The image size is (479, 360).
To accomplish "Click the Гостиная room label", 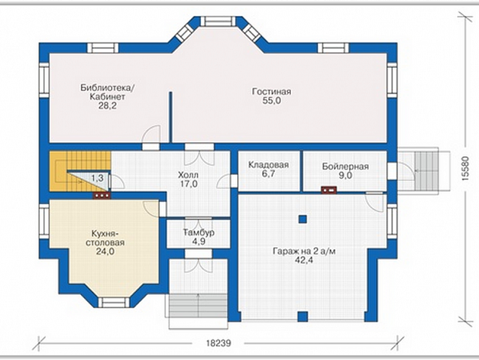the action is click(271, 92).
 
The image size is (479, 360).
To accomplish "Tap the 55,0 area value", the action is click(271, 101).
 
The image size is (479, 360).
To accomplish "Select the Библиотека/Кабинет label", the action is click(107, 92).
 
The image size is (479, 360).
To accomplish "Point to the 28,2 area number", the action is click(107, 106).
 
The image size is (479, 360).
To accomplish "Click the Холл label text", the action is click(188, 175).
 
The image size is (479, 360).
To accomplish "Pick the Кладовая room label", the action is click(268, 165).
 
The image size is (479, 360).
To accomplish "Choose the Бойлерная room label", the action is click(345, 166).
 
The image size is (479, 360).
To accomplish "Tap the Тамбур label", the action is click(199, 232).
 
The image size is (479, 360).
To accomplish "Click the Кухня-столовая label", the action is click(105, 238).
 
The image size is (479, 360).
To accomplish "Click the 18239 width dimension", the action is click(218, 343).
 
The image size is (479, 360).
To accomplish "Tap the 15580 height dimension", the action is click(465, 169).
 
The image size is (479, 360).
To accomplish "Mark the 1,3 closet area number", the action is click(97, 178).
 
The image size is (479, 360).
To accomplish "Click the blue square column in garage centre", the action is click(302, 219).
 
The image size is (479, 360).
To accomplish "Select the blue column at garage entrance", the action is click(302, 316).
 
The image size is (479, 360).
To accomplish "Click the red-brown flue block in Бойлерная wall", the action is click(329, 190).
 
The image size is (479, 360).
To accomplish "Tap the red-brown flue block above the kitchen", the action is click(102, 195).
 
